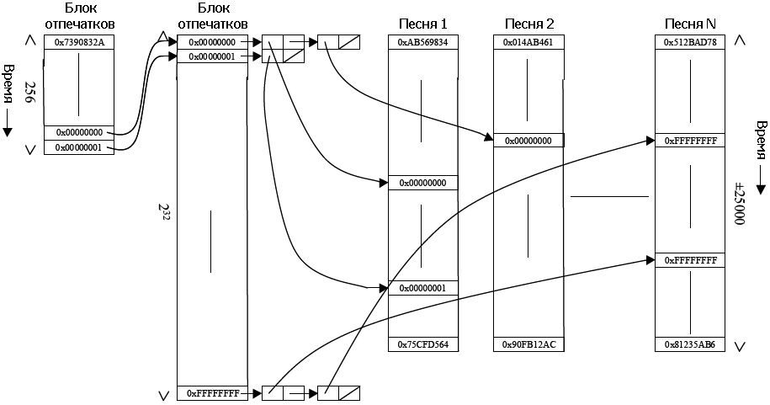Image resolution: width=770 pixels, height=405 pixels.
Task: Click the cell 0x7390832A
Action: point(78,42)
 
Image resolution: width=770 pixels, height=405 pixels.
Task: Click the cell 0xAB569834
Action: point(422,42)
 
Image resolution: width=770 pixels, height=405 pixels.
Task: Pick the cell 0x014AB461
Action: point(528,42)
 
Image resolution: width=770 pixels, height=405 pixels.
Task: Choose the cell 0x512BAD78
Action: point(689,42)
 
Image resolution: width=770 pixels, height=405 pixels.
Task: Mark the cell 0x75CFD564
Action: point(422,344)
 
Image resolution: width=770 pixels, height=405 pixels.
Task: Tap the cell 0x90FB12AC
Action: point(528,344)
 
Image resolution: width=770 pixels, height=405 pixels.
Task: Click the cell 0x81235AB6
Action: point(689,344)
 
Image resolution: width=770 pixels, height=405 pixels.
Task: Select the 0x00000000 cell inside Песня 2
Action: point(528,141)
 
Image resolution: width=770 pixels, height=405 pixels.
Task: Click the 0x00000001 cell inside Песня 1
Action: point(422,288)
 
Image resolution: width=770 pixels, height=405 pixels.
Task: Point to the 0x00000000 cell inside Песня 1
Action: point(422,183)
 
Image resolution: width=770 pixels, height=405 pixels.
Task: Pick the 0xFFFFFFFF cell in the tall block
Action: point(213,392)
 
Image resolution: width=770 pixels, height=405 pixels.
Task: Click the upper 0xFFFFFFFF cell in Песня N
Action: point(689,141)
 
